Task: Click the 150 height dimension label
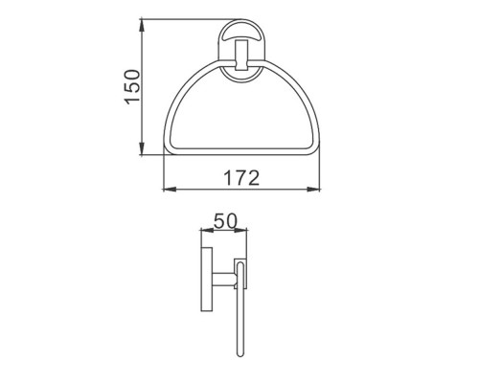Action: [132, 86]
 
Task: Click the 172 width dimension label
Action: [241, 178]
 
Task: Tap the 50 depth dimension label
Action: [226, 221]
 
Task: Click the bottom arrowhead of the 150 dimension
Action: [142, 148]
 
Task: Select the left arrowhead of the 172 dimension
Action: [170, 190]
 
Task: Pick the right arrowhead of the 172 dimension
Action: [313, 190]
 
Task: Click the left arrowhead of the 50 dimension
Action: [206, 230]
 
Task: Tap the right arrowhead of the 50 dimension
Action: [240, 230]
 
